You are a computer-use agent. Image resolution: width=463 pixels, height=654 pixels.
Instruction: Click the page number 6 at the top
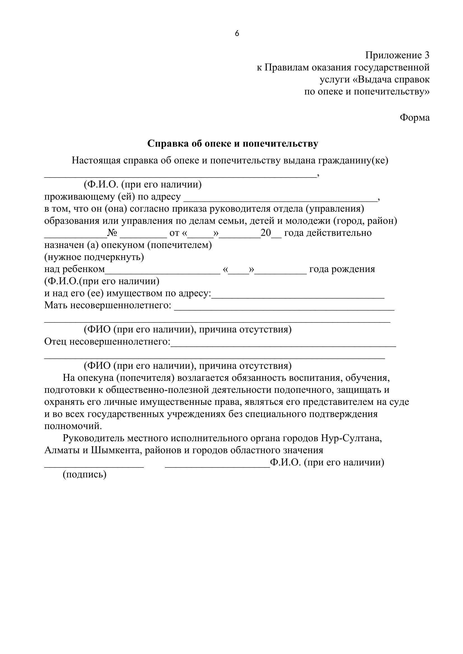[237, 34]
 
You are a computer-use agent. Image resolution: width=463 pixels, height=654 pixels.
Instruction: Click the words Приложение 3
[397, 55]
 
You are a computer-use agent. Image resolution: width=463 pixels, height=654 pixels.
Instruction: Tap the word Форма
[415, 117]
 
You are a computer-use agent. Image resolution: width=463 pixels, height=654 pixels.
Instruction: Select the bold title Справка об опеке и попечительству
[232, 143]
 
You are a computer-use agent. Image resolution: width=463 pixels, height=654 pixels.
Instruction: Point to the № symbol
[112, 233]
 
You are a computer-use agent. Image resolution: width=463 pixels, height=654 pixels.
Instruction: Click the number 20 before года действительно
[266, 233]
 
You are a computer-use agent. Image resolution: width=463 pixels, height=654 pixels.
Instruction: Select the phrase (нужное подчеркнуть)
[94, 257]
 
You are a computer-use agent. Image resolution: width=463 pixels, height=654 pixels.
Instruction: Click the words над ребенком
[75, 269]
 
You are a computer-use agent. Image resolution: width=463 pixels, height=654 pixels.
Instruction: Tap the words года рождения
[342, 269]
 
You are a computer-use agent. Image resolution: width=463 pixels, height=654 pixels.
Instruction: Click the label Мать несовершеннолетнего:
[108, 305]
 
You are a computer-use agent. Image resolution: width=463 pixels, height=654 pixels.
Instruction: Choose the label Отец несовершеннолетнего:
[107, 341]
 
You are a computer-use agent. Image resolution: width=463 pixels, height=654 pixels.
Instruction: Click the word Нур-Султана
[351, 438]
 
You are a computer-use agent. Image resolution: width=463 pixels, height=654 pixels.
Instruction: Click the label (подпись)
[84, 474]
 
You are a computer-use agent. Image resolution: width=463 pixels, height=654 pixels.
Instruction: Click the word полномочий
[73, 426]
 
